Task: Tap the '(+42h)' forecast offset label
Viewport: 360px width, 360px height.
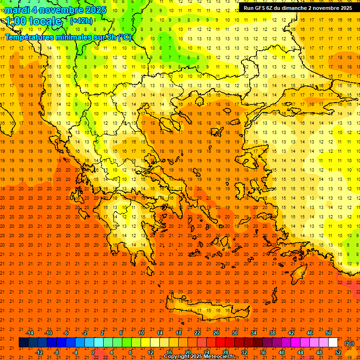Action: click(81, 21)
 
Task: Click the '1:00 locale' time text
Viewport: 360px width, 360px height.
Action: click(34, 21)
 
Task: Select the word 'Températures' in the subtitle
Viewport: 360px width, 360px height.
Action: click(29, 37)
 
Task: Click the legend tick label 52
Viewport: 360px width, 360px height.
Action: click(338, 352)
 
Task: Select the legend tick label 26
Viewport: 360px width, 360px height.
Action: click(216, 333)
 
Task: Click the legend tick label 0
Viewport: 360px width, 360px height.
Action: click(93, 352)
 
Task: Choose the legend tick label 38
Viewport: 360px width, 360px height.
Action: click(272, 333)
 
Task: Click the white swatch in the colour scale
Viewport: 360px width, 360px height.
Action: click(333, 343)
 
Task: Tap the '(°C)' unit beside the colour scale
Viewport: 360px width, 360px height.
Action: click(349, 343)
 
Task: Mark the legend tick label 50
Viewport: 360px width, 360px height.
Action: click(329, 333)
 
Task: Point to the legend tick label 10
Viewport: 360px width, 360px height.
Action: click(141, 333)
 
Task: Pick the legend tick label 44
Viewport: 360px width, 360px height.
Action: click(300, 352)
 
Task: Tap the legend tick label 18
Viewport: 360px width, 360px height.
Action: click(179, 333)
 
